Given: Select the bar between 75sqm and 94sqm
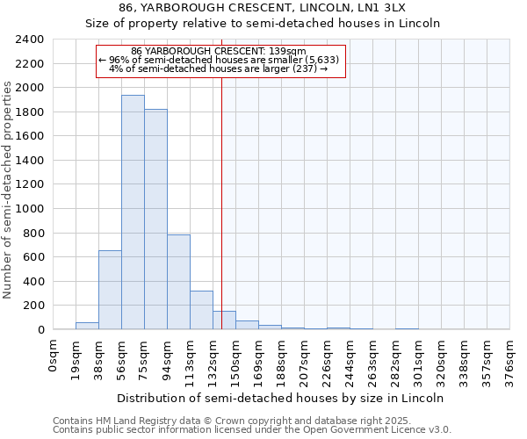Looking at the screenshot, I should [x=155, y=219].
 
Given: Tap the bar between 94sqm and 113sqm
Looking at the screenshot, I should [x=178, y=282].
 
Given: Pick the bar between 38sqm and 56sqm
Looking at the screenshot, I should [x=110, y=290].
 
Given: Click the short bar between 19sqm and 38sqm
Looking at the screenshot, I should [x=87, y=326].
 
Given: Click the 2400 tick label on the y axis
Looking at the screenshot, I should [x=29, y=40].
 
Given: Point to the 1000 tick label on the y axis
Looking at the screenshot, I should [x=29, y=209].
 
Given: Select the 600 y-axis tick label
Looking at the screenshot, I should [x=32, y=257].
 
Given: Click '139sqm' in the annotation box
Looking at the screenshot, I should [x=286, y=51].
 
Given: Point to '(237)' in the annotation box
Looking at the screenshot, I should [x=304, y=68].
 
